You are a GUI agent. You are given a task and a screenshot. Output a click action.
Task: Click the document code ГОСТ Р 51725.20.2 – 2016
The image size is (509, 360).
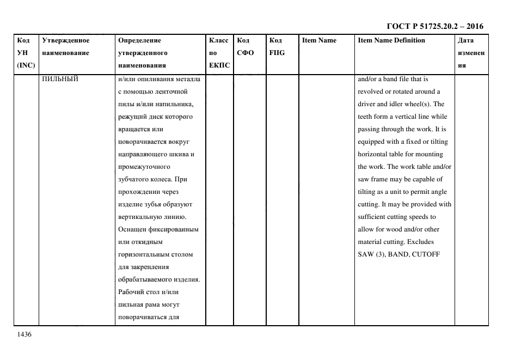pos(435,26)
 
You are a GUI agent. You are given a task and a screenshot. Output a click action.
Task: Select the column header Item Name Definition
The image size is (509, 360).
pos(391,40)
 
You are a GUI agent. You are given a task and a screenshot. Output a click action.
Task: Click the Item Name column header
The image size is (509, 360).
pos(319,40)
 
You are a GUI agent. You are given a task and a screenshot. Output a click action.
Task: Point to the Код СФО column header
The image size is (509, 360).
pos(245,46)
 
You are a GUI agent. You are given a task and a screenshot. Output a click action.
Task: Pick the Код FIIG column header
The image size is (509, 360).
pos(277,46)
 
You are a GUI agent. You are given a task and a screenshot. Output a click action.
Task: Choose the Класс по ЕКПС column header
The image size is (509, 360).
pos(219,53)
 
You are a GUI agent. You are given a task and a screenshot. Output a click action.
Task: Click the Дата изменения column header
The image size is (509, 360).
pos(471,53)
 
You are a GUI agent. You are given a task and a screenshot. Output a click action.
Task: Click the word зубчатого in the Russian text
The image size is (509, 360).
pos(133,179)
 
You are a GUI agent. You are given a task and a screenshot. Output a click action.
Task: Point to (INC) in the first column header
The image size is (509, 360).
pos(26,65)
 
